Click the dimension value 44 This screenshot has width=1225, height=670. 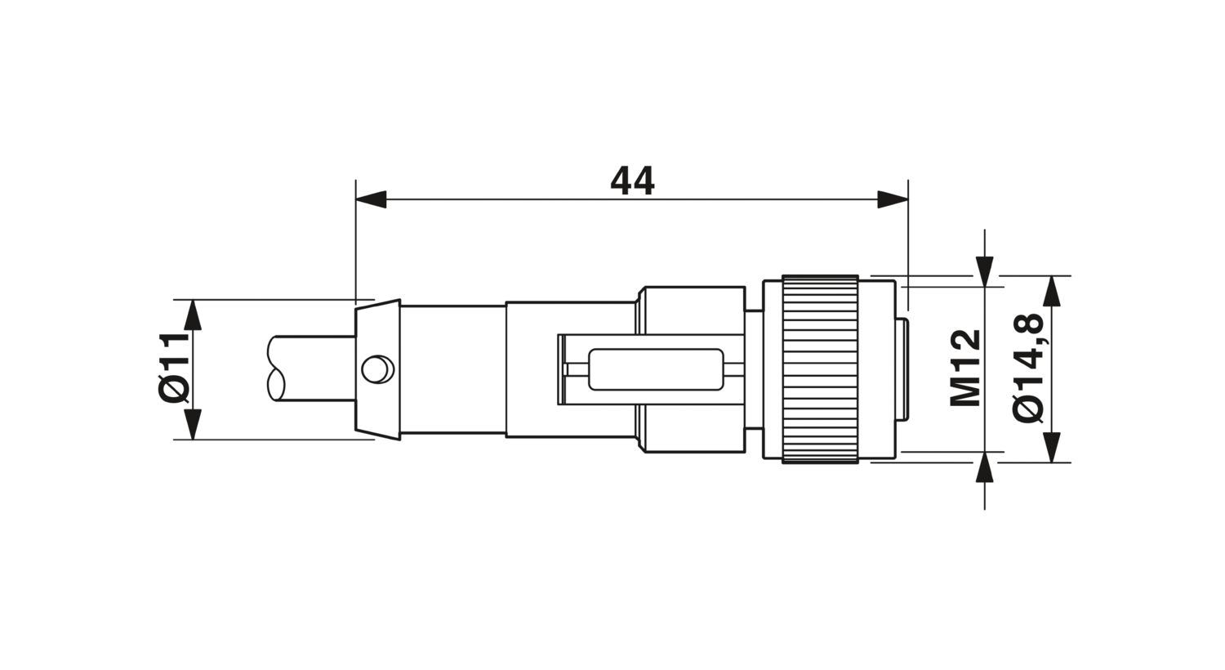point(632,181)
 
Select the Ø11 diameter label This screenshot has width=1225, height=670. point(175,368)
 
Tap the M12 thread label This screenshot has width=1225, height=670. point(966,368)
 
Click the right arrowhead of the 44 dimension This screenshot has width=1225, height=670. point(893,199)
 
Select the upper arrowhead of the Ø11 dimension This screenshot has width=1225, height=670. point(192,315)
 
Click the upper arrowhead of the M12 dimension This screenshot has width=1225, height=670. point(986,270)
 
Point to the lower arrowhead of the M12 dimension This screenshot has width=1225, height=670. point(986,467)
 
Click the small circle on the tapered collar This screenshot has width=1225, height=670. point(376,369)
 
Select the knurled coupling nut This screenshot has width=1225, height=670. point(820,369)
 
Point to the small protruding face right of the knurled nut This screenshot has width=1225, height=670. point(903,369)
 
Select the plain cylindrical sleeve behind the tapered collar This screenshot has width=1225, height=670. point(452,369)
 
